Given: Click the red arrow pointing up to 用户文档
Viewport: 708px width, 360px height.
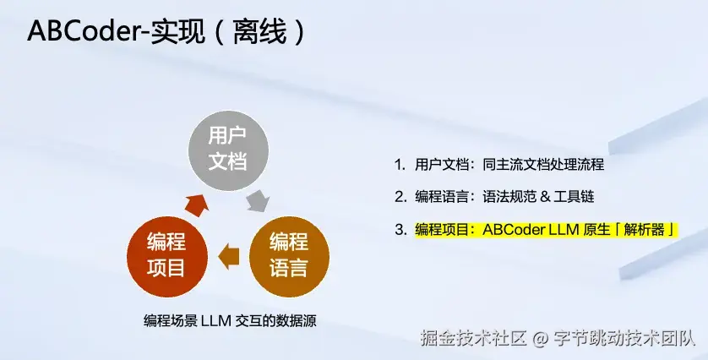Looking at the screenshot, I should (198, 204).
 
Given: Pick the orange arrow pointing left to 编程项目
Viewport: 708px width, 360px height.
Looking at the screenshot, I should (228, 253).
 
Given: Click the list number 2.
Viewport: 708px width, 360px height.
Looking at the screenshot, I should (400, 196).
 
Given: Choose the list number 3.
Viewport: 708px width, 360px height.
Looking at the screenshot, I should (400, 229).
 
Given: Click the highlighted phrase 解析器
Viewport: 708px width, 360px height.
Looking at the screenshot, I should (646, 229).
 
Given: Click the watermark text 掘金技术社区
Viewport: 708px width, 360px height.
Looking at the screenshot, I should (473, 340).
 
